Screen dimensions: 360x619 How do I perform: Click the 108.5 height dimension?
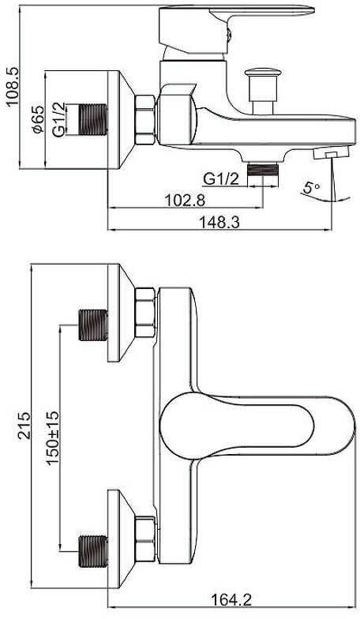point(13,86)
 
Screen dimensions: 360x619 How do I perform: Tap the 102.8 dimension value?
point(185,201)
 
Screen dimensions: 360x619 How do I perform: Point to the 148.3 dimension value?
point(219,223)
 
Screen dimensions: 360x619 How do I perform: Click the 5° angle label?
point(312,188)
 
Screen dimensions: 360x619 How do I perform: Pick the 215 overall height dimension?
point(25,426)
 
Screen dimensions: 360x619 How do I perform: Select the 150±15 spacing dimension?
point(54,437)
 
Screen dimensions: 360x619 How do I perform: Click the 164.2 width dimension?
point(231,600)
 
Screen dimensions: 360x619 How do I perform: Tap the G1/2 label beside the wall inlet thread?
point(59,120)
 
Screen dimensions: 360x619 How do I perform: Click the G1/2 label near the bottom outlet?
point(221,179)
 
